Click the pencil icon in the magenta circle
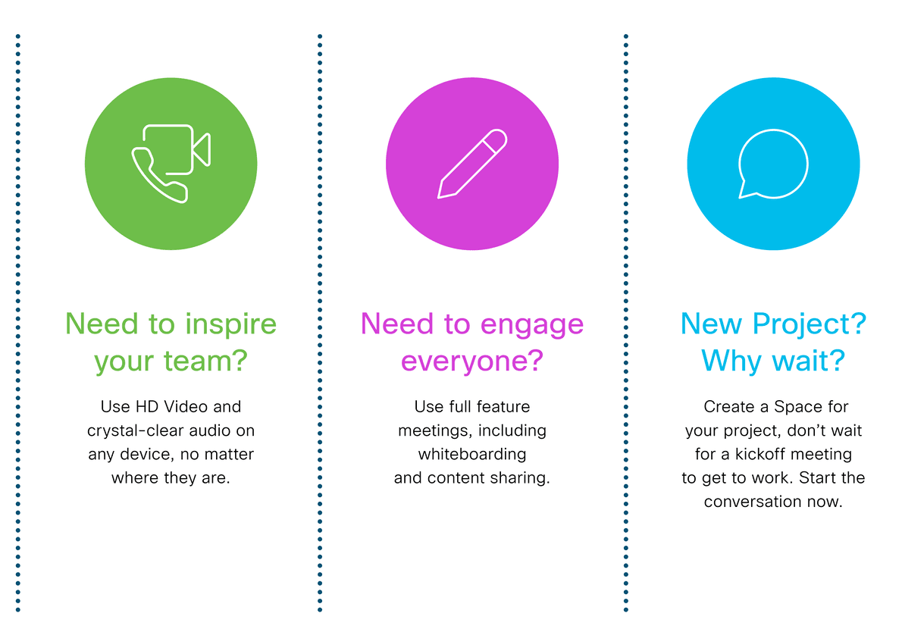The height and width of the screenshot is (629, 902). coord(472,164)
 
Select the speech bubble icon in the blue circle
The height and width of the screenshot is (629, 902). coord(773,164)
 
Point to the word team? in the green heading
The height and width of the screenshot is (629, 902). coord(205,361)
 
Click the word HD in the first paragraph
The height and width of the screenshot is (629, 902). coord(147,406)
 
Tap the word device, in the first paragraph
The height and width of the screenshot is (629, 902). coord(146,455)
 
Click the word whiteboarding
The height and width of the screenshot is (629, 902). coord(472,454)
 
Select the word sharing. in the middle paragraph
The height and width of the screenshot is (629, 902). coord(521,477)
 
